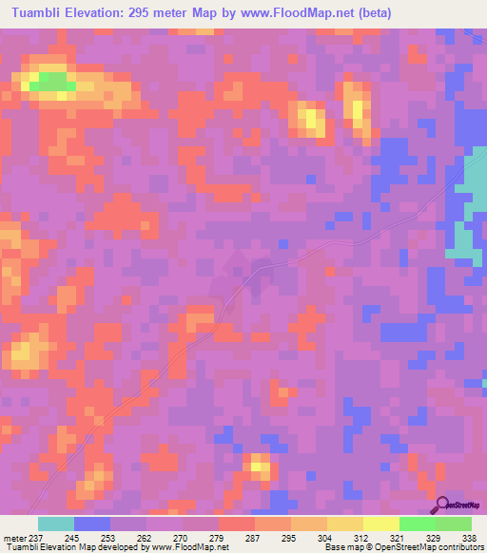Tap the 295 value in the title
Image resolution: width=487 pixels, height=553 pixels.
pyautogui.click(x=173, y=13)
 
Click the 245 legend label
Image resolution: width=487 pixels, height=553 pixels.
pyautogui.click(x=74, y=537)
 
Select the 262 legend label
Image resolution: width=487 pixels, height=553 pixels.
pyautogui.click(x=146, y=537)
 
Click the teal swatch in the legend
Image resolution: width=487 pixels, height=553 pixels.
pyautogui.click(x=56, y=524)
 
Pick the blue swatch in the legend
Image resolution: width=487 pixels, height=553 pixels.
pyautogui.click(x=92, y=524)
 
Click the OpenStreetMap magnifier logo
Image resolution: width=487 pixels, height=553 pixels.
pyautogui.click(x=442, y=505)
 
